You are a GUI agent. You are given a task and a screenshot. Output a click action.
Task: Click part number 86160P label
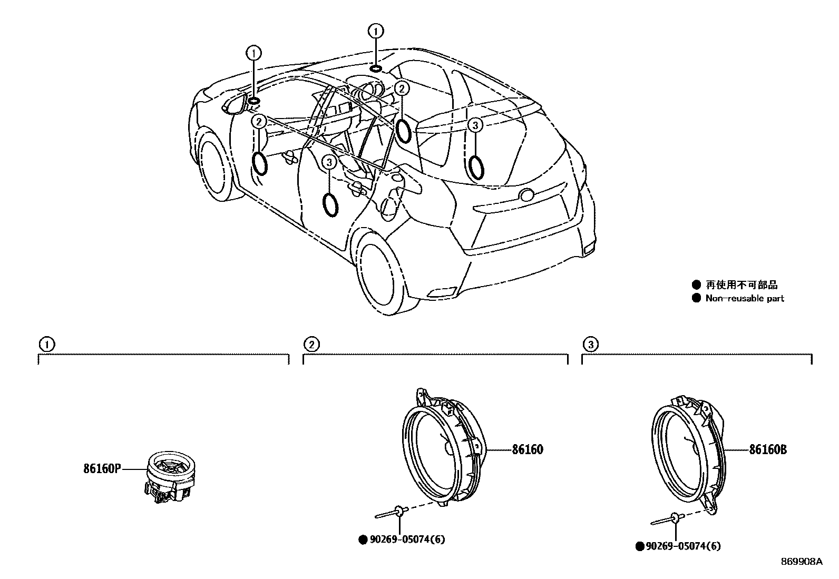(x=102, y=468)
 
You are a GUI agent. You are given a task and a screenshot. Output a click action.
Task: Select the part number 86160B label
(x=768, y=450)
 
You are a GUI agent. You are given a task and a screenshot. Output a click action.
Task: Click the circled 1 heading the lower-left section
(x=47, y=345)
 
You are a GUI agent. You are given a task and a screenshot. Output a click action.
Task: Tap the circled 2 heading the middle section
(x=311, y=345)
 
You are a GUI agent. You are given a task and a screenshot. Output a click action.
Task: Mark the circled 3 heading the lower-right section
(x=590, y=345)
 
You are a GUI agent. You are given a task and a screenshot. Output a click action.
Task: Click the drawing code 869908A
(x=802, y=562)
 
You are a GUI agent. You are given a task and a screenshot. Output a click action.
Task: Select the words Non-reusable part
(x=744, y=299)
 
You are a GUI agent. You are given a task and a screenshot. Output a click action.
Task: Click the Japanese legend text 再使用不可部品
(x=742, y=285)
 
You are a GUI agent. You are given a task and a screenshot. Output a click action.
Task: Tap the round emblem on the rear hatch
(x=526, y=195)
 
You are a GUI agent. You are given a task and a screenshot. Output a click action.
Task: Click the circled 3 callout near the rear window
(x=475, y=125)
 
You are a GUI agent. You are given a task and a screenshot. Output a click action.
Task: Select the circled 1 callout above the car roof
(x=376, y=32)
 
